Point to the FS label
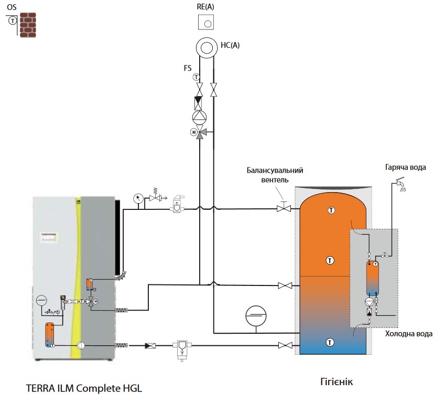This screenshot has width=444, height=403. pyautogui.click(x=188, y=68)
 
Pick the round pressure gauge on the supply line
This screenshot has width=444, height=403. pyautogui.click(x=137, y=198)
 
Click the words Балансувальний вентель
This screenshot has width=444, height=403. pyautogui.click(x=275, y=175)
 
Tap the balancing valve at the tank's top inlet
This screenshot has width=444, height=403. pyautogui.click(x=284, y=209)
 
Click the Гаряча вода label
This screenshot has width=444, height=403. pyautogui.click(x=404, y=167)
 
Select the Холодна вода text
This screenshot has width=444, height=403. pyautogui.click(x=409, y=333)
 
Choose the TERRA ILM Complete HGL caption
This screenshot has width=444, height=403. pyautogui.click(x=84, y=389)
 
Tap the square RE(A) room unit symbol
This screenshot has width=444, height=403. pyautogui.click(x=206, y=23)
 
